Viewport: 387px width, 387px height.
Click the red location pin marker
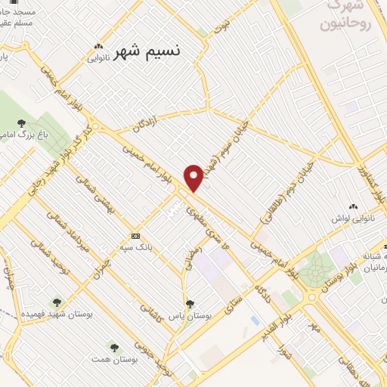(x=194, y=178)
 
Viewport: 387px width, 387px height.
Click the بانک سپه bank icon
(x=135, y=234)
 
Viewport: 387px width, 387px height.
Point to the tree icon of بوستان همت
(x=114, y=348)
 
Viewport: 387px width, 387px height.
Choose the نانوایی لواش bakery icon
(x=352, y=206)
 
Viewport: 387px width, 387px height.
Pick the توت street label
(x=222, y=28)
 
